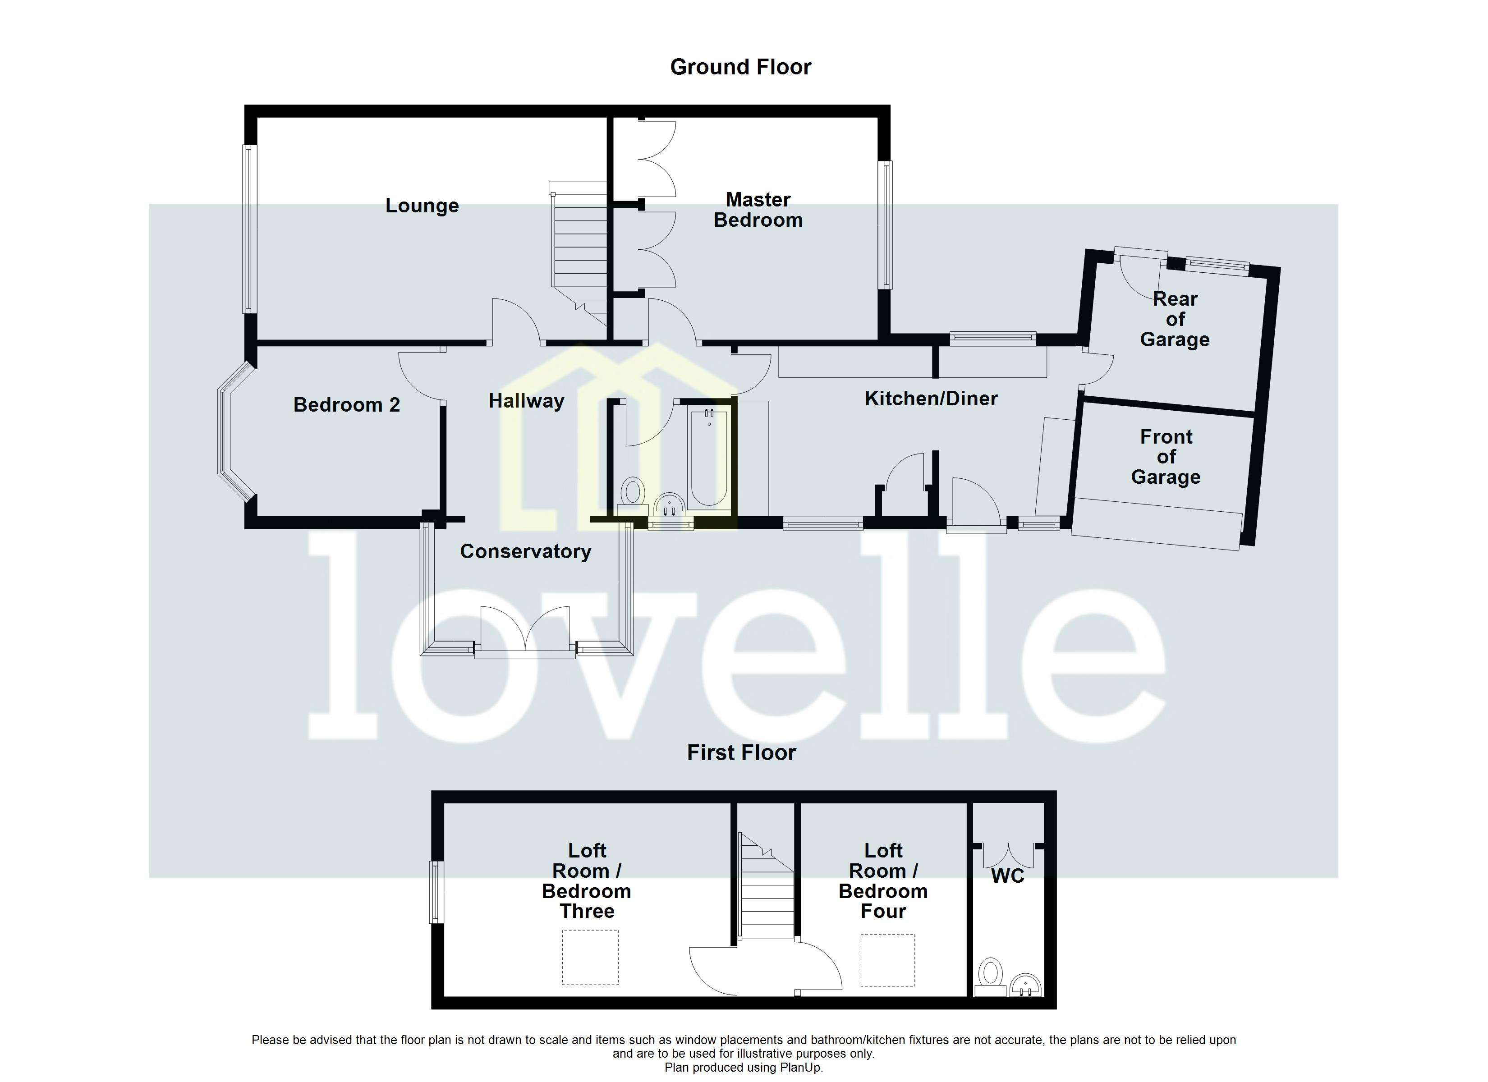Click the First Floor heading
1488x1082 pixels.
(741, 752)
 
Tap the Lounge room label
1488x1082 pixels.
(422, 206)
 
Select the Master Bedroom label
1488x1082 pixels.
(758, 210)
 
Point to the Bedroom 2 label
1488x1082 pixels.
(346, 405)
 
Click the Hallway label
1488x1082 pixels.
(526, 401)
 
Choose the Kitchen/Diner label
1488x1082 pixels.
(931, 398)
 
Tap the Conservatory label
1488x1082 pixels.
(525, 551)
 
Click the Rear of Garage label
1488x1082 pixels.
(1174, 319)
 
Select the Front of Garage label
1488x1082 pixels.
(1166, 457)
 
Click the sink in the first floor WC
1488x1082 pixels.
(1025, 985)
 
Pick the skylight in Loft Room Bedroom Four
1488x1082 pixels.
(888, 960)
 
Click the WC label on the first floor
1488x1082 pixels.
(1007, 876)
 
